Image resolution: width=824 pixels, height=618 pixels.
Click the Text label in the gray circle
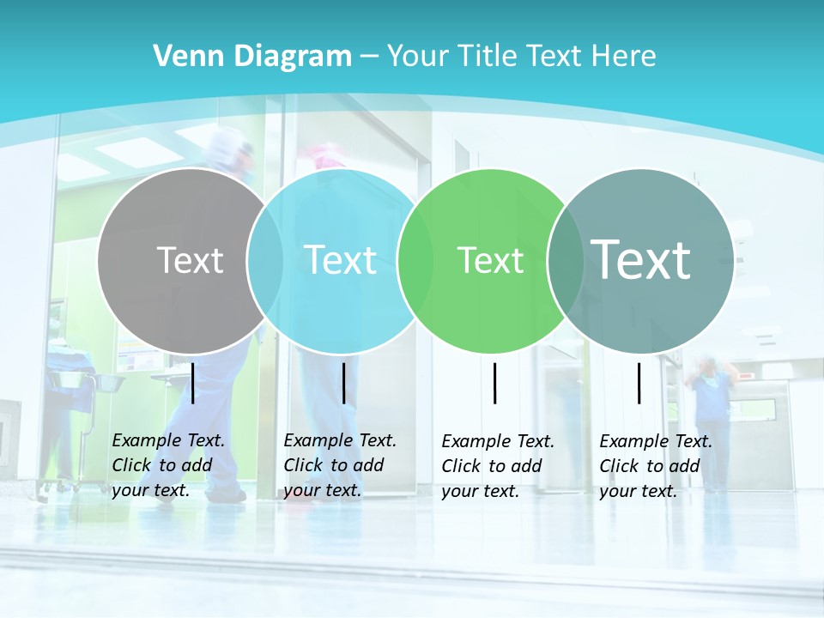[190, 259]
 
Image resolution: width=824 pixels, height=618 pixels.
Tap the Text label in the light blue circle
[340, 259]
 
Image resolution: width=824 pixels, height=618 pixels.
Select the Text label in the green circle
[490, 260]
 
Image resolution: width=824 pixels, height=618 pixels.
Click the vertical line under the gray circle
[193, 383]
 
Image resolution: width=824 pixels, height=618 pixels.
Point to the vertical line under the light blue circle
[343, 383]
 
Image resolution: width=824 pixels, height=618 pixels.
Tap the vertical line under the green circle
[494, 383]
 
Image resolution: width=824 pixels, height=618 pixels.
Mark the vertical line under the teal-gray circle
[639, 383]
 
